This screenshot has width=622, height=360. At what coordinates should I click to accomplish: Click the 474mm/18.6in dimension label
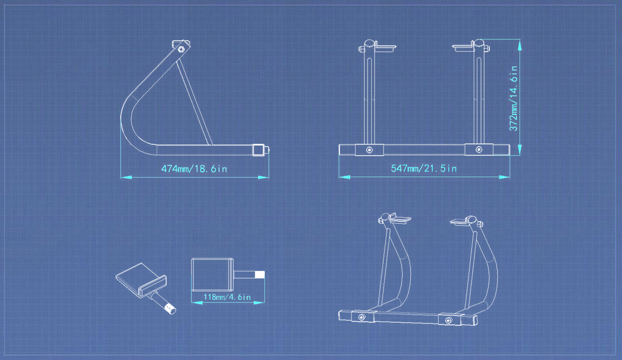coord(194,168)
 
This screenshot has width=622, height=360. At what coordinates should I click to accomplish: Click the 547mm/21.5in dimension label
coord(424,168)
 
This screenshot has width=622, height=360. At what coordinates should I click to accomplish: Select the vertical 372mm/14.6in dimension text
coord(514,98)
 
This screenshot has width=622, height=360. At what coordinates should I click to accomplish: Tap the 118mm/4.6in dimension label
coord(227,297)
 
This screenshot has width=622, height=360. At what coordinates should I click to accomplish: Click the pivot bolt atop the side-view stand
coord(181,49)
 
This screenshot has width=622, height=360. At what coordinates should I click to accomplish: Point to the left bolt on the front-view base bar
coord(369,150)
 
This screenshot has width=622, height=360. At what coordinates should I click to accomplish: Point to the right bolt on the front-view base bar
coord(479,150)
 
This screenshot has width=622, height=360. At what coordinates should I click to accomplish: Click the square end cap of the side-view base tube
coord(258,150)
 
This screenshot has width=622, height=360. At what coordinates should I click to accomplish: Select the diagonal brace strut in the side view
coord(194,103)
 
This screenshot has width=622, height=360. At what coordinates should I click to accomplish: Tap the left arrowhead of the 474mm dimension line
coord(126,177)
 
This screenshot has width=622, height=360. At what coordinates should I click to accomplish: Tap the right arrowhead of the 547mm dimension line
coord(504,177)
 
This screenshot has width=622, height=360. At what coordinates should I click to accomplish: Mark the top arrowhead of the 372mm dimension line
coord(520,45)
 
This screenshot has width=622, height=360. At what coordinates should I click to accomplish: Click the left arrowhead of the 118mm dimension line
coord(197,303)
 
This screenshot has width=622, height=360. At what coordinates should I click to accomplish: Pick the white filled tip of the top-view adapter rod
coord(260,275)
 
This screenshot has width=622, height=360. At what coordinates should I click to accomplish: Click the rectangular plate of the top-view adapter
coord(213,275)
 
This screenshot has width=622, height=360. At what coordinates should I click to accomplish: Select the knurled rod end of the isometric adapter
coord(171,309)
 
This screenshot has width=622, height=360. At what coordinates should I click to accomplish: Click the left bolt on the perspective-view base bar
coord(362,317)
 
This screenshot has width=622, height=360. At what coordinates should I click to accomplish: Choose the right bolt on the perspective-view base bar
coord(448,321)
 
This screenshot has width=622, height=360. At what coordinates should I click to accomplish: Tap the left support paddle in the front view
coord(386,48)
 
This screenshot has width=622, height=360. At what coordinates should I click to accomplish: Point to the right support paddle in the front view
coord(462,48)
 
